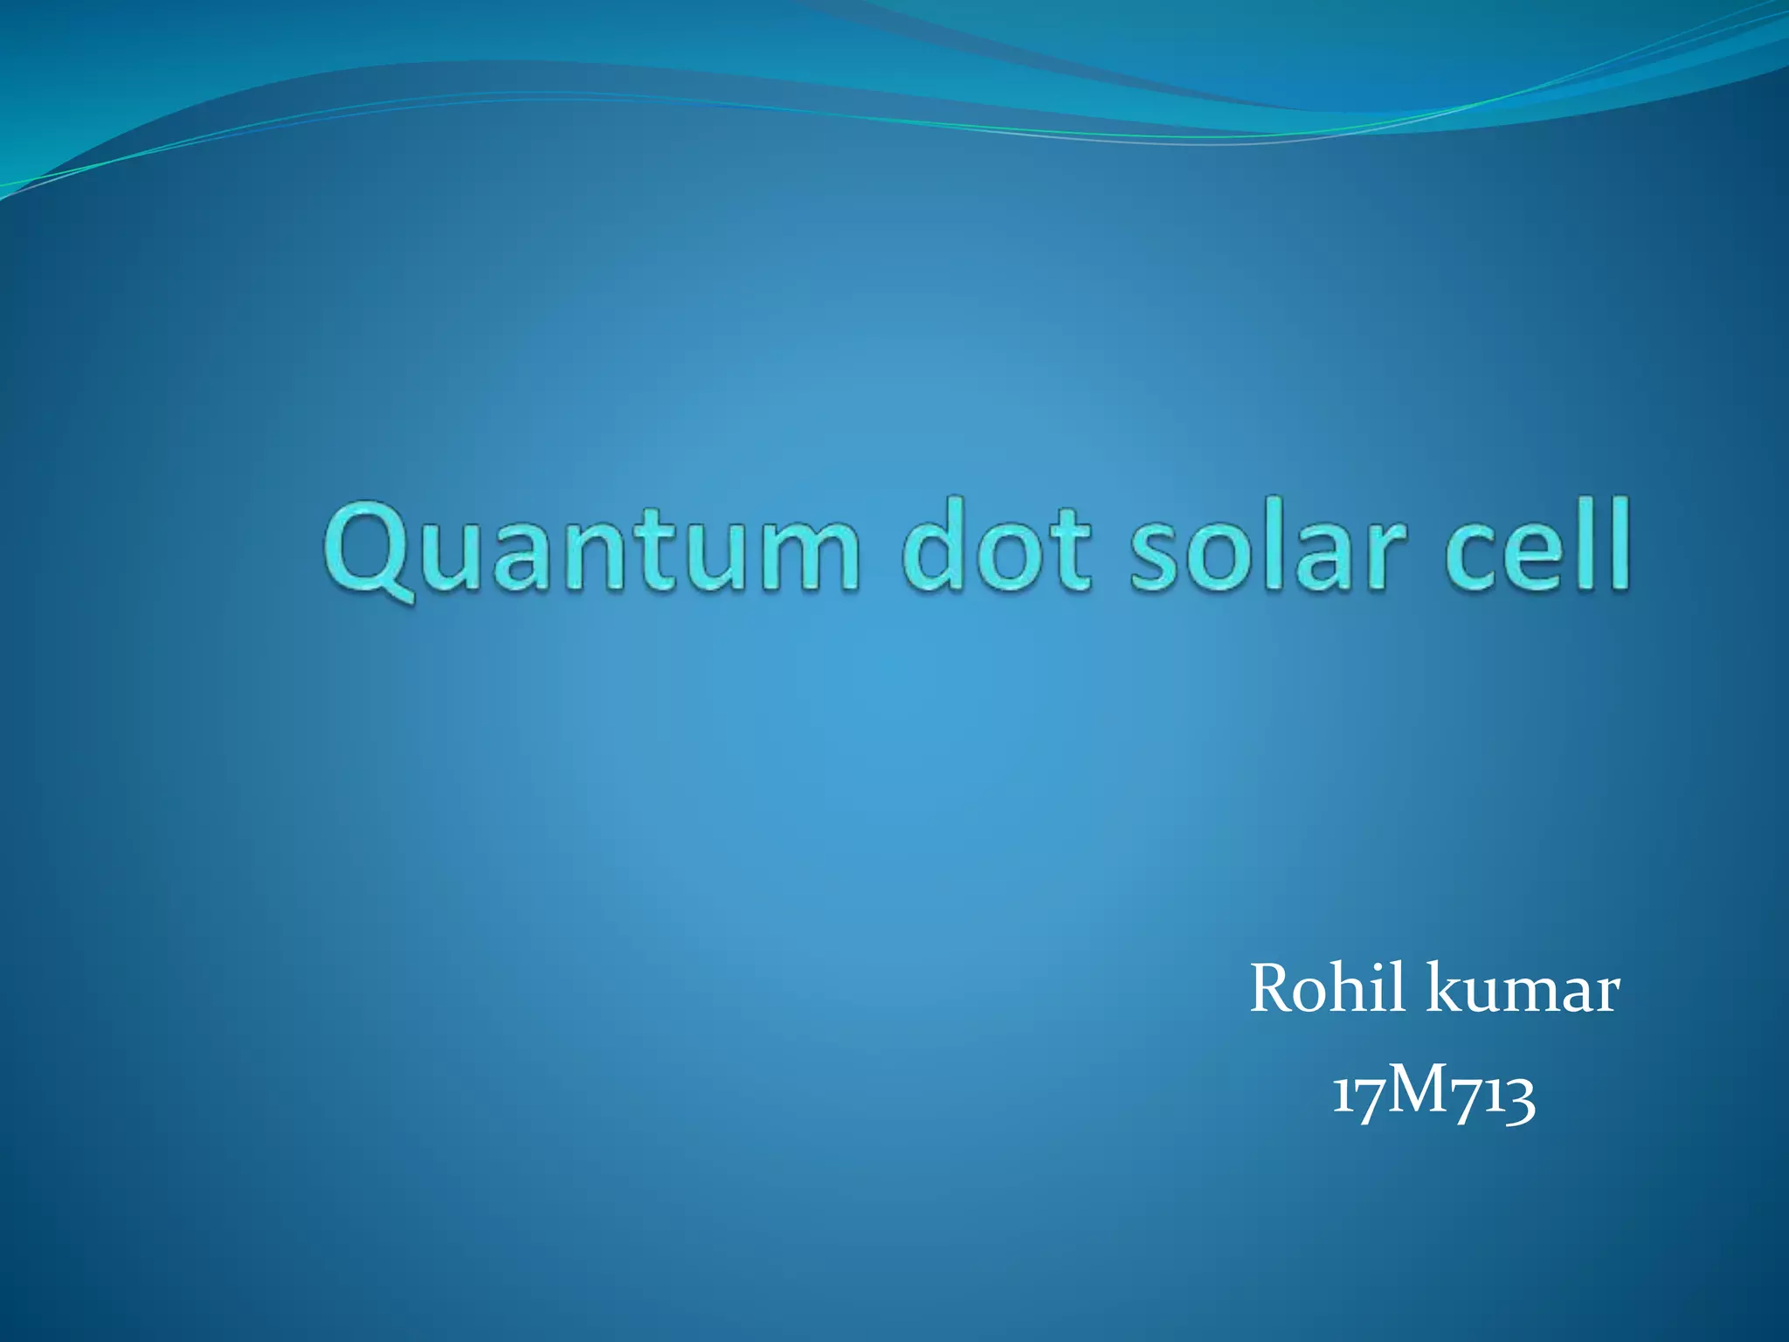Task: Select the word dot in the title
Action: click(997, 546)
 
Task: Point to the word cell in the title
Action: click(1537, 546)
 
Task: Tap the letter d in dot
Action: click(936, 546)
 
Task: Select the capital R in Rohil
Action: click(1277, 989)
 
